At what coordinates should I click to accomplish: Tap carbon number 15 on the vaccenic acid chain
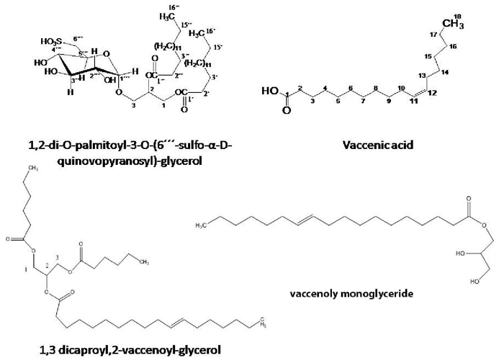point(427,56)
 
